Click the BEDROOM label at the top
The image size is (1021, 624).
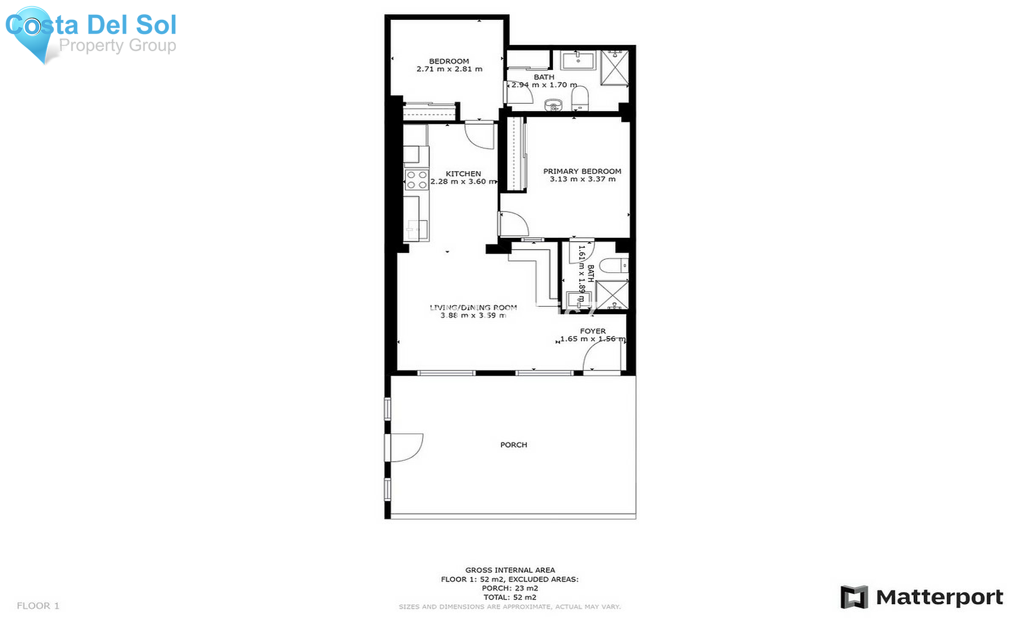pos(449,61)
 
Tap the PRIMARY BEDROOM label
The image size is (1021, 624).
pos(582,171)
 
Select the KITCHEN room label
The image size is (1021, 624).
pos(463,174)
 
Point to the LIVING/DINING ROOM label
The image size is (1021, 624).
pos(473,307)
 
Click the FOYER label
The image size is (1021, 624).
pos(593,331)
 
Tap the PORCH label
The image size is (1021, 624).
pos(513,445)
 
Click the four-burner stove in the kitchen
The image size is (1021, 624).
pos(416,180)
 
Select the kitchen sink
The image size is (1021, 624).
pos(416,229)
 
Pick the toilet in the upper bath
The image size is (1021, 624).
pos(580,99)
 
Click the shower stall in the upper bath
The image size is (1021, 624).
pos(615,67)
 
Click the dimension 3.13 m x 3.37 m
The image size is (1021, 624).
pos(582,179)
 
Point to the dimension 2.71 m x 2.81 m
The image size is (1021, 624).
pos(449,69)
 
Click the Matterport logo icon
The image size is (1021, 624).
pos(854,597)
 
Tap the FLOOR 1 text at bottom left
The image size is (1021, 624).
pos(38,606)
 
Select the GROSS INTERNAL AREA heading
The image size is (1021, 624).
pos(510,570)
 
